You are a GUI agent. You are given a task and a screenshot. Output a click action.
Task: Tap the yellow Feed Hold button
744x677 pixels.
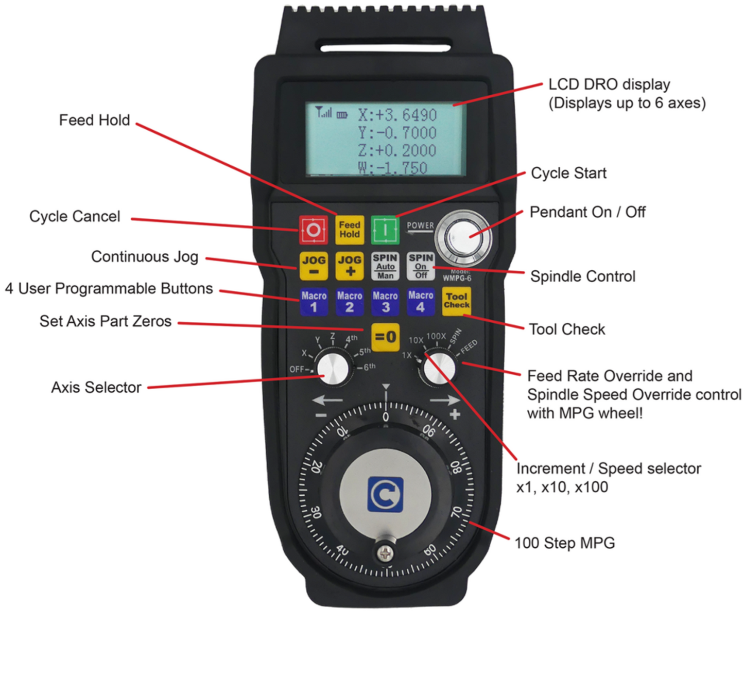(x=349, y=230)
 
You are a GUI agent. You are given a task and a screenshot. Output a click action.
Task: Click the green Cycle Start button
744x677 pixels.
(x=385, y=230)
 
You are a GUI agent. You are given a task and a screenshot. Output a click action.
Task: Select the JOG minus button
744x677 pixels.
(x=314, y=266)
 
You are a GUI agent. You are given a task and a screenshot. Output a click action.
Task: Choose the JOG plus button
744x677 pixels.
(x=350, y=266)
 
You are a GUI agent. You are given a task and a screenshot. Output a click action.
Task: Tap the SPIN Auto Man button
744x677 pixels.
(x=385, y=266)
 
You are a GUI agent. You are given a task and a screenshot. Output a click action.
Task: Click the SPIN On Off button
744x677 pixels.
(x=421, y=266)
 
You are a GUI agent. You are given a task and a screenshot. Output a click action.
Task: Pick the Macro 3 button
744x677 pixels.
(x=385, y=302)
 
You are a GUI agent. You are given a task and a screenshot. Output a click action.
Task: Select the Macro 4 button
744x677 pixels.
(x=421, y=302)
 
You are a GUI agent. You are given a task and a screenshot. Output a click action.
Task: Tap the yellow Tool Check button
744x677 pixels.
(x=457, y=301)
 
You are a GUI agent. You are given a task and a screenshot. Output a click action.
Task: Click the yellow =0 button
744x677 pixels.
(x=385, y=337)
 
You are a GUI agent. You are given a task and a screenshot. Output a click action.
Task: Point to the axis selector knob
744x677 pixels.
(x=333, y=368)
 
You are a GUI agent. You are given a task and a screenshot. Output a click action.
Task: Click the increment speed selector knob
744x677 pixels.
(x=438, y=368)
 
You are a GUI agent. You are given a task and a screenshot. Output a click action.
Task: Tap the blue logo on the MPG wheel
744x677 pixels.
(x=385, y=494)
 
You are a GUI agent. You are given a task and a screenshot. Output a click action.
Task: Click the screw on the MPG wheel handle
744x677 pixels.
(x=385, y=553)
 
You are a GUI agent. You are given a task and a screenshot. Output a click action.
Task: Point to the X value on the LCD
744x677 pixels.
(x=397, y=115)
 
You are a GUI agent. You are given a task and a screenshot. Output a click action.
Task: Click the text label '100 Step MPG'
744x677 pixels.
(x=565, y=543)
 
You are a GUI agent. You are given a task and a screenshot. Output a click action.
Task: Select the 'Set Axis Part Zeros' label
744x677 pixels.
(x=106, y=321)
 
